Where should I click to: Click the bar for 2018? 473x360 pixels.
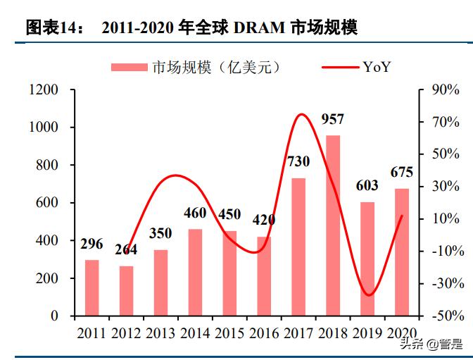click(333, 225)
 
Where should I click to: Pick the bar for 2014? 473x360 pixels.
click(195, 272)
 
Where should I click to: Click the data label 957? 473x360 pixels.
click(333, 119)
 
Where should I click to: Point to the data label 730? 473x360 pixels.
click(298, 162)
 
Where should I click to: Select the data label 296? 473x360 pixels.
click(92, 244)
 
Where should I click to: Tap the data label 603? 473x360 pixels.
click(367, 186)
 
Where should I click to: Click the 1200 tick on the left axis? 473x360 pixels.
click(44, 90)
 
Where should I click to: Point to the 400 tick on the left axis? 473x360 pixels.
click(49, 241)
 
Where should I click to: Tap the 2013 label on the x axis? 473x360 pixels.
click(160, 333)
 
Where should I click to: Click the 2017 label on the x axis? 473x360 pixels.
click(298, 333)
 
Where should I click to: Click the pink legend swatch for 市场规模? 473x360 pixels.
click(130, 67)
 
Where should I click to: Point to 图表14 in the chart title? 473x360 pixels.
click(53, 28)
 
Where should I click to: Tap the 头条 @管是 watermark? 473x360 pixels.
click(431, 345)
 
